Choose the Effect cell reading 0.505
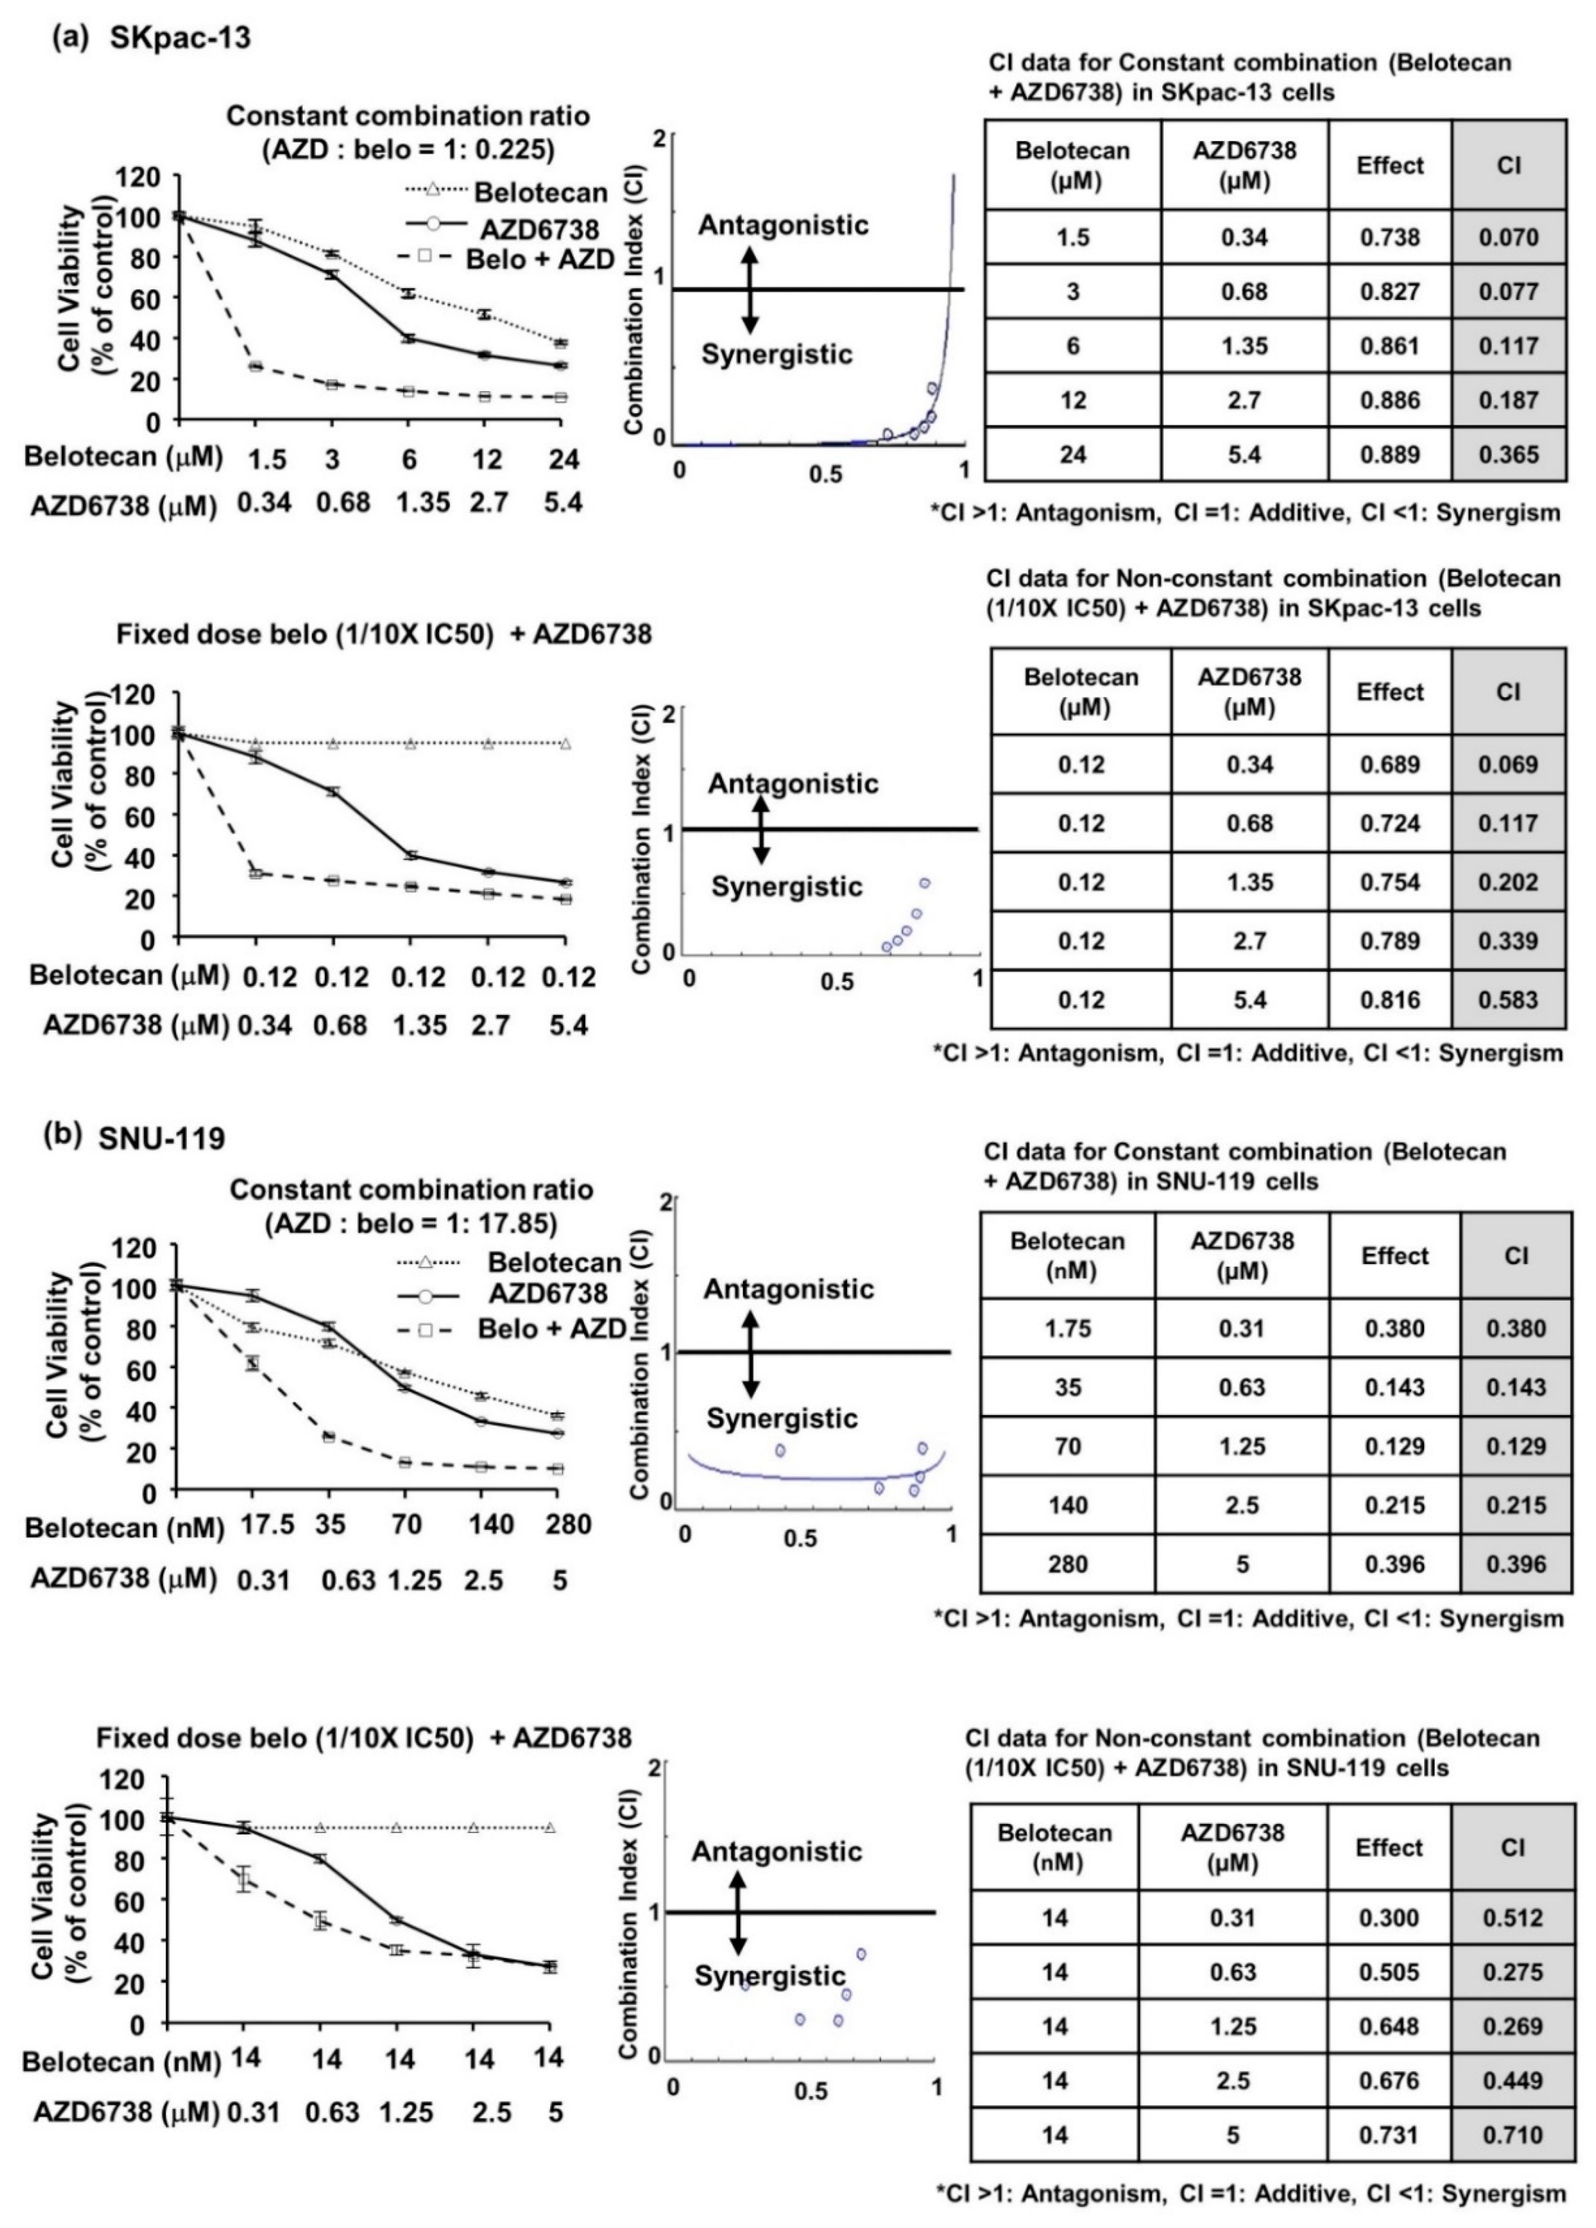(1389, 1972)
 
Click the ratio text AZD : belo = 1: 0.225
(409, 148)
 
